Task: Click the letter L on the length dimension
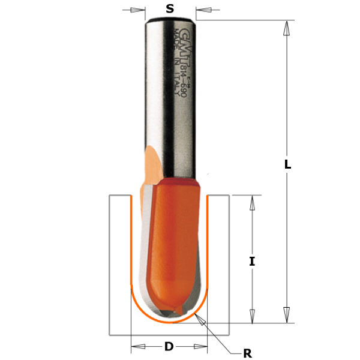click(x=288, y=164)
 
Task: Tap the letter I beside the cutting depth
click(x=253, y=261)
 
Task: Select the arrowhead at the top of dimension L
click(x=287, y=27)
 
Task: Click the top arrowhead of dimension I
click(x=253, y=203)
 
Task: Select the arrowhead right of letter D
click(x=200, y=346)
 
